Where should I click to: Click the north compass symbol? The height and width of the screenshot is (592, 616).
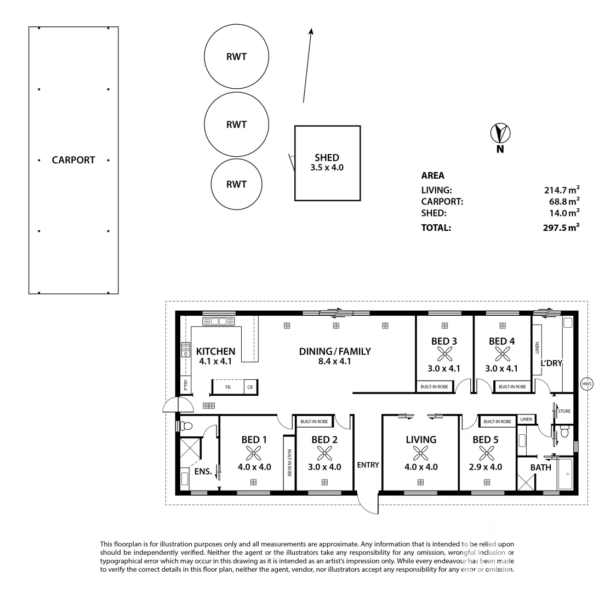click(x=500, y=133)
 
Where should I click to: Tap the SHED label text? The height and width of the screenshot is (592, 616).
click(x=327, y=158)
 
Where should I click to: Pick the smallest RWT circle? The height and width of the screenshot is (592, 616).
click(x=236, y=184)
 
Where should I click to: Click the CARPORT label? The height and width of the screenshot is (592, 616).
click(x=73, y=160)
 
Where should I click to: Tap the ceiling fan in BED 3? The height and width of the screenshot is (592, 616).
click(x=444, y=355)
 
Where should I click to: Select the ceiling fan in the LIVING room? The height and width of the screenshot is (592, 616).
click(x=420, y=453)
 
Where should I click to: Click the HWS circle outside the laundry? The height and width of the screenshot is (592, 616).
click(x=587, y=384)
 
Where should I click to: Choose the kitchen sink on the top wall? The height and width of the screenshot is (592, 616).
click(x=219, y=321)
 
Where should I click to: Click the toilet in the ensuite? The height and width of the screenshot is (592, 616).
click(x=186, y=425)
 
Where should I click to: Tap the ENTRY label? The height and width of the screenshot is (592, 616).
click(x=368, y=465)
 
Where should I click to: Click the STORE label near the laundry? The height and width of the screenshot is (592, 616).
click(x=564, y=411)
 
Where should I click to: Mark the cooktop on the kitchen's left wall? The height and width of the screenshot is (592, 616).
click(x=185, y=350)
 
